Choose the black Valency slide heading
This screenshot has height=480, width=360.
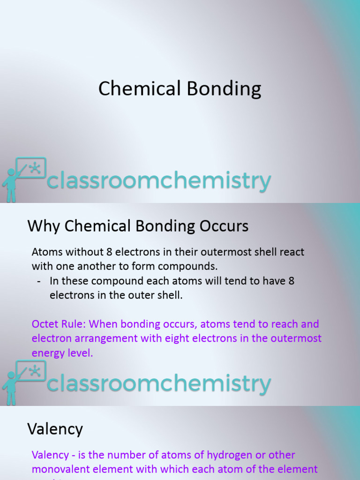pyautogui.click(x=55, y=429)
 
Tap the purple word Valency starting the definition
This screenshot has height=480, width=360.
pyautogui.click(x=49, y=455)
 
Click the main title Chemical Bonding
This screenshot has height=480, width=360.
pyautogui.click(x=180, y=89)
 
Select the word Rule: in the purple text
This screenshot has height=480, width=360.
pyautogui.click(x=74, y=324)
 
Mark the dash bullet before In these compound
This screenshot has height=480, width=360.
pyautogui.click(x=38, y=281)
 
